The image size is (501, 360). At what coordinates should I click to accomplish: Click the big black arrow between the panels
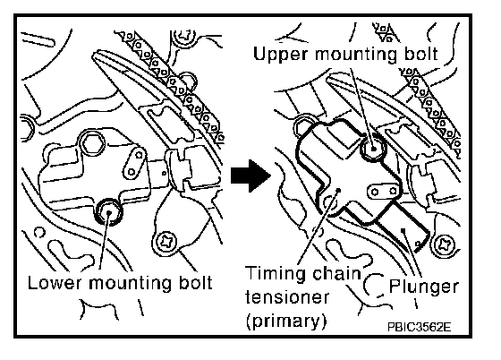250,176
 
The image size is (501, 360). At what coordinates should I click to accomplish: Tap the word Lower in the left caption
55,283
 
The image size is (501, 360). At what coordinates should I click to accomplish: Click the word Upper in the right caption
281,55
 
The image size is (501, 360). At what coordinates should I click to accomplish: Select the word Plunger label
424,287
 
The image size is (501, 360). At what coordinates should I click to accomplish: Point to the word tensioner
287,297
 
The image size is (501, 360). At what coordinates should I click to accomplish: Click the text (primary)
286,321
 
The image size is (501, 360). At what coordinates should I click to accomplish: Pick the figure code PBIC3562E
420,327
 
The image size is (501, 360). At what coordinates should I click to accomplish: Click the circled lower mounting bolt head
109,212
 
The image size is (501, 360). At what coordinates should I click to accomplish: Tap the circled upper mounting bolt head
373,149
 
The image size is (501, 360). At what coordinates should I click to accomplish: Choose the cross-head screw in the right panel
444,246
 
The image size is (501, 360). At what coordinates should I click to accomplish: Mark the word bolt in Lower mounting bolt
195,283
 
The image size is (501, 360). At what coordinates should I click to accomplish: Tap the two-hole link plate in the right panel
384,192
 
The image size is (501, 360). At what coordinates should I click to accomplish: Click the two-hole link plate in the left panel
135,163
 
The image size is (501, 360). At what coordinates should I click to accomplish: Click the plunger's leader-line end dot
403,229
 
